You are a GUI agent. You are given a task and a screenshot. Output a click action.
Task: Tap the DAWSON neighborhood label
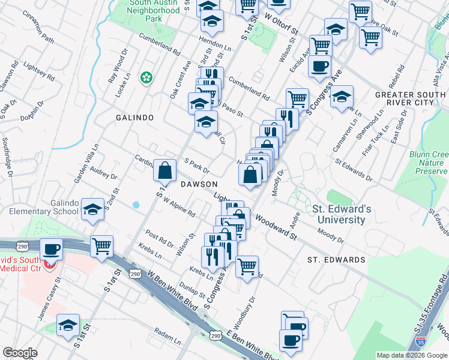coord(196,184)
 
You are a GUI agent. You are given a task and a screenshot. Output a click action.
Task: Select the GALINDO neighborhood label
coord(136,118)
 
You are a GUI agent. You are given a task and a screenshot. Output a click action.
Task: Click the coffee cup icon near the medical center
coord(51,248)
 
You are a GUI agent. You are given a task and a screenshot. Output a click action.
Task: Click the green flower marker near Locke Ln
coord(146,77)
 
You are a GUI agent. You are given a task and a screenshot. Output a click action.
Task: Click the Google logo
coord(19,353)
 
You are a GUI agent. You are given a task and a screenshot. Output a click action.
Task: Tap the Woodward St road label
coord(276,227)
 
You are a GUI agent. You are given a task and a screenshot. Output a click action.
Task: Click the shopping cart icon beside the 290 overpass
coord(102,245)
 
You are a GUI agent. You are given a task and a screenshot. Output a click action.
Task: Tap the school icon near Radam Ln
coord(68,325)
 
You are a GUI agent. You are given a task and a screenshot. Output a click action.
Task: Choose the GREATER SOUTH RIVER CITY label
coord(411,98)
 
